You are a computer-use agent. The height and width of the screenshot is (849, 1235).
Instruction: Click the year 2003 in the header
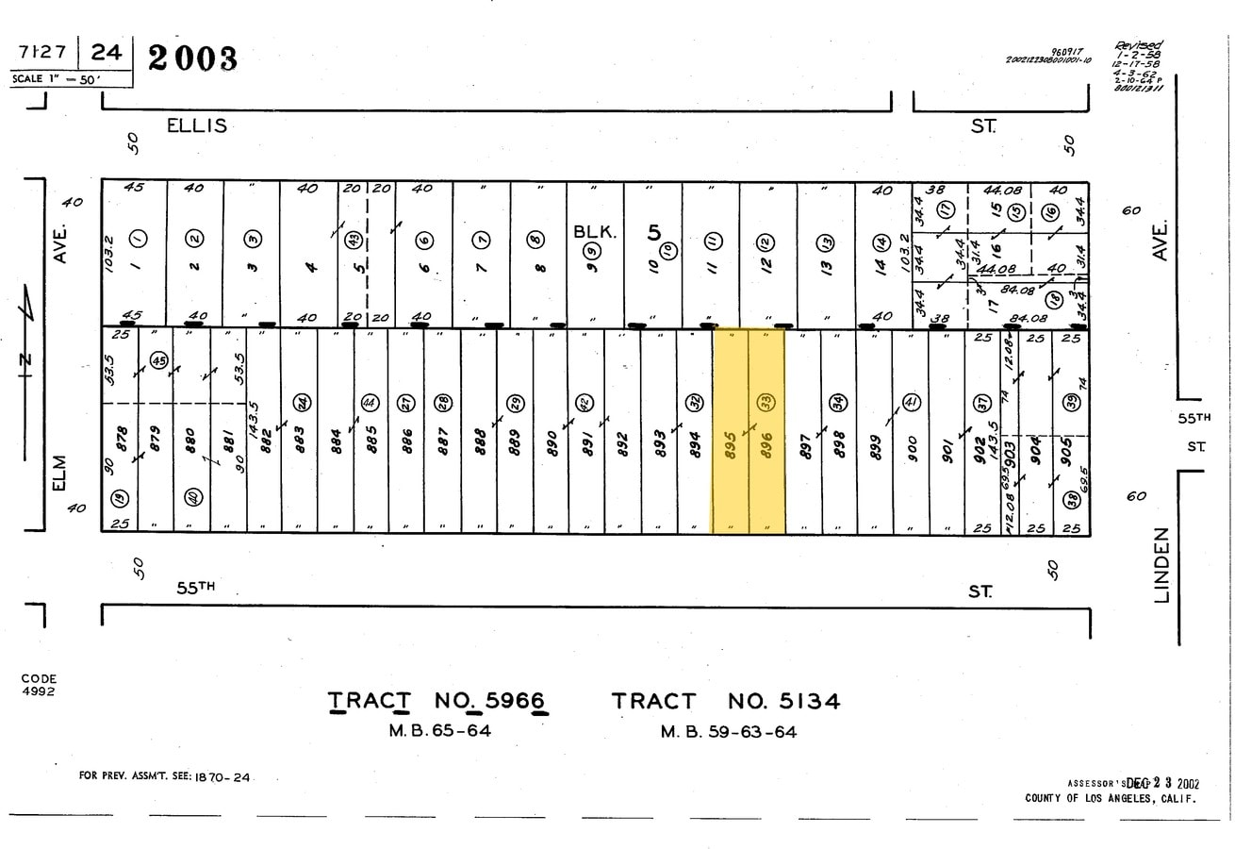[193, 58]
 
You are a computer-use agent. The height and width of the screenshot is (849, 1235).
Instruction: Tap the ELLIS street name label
[197, 125]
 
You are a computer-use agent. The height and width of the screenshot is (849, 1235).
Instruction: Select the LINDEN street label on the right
[1161, 564]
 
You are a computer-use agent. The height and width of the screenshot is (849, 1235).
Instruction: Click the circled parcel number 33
[766, 403]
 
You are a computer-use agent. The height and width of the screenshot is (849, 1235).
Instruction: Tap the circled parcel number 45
[158, 361]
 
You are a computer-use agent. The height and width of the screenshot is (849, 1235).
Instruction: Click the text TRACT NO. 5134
[725, 701]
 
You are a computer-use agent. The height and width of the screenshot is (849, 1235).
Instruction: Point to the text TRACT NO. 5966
[437, 701]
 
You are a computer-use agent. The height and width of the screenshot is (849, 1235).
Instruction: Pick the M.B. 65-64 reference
[439, 730]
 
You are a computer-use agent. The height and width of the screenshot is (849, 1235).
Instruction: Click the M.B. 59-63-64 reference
[728, 731]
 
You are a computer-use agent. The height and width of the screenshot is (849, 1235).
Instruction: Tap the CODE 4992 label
[39, 685]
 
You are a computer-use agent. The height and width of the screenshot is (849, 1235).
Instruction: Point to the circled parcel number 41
[911, 401]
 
